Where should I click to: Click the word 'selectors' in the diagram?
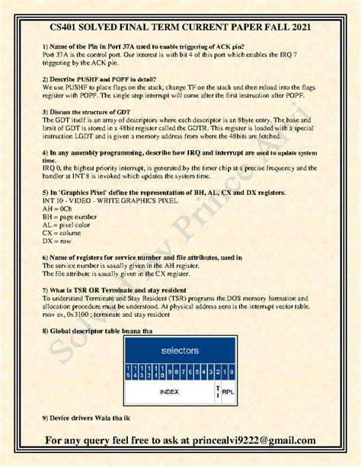coord(180,350)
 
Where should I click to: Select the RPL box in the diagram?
coord(227,391)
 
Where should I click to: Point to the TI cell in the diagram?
coord(218,390)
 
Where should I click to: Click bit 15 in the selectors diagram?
coord(133,372)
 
